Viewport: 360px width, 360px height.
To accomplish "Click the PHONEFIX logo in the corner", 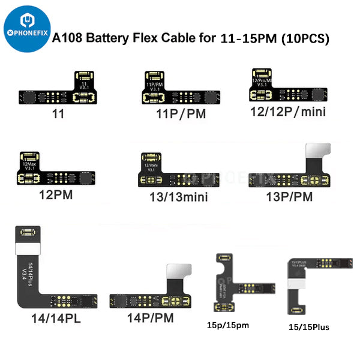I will (22, 29).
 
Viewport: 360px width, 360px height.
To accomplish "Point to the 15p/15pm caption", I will (228, 326).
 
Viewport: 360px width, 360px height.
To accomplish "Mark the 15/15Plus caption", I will (307, 327).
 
